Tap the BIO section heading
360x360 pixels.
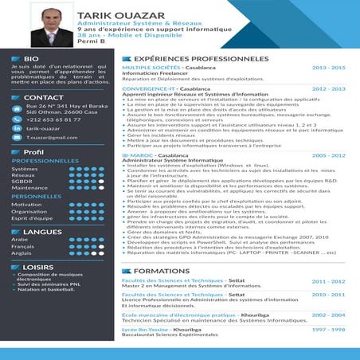[x=31, y=59]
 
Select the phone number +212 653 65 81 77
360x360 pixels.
[x=48, y=119]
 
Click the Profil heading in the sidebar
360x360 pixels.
[x=33, y=151]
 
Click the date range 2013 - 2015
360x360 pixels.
[x=328, y=68]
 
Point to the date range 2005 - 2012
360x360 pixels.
[x=328, y=155]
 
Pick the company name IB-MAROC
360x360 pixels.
[x=137, y=155]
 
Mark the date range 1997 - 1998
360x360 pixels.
[x=328, y=328]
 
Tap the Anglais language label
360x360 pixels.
[x=21, y=253]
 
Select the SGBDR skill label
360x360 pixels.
[x=22, y=182]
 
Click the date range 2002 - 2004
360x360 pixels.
[x=328, y=315]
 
